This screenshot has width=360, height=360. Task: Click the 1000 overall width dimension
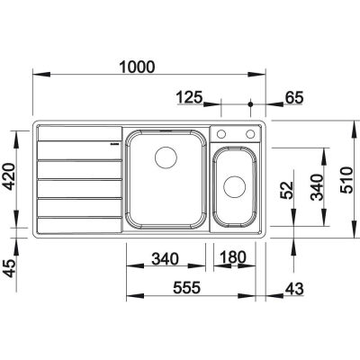coord(137,67)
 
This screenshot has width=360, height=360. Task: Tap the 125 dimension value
coord(190,97)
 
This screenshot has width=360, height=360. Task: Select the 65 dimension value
coord(294,97)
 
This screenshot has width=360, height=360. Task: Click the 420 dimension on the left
coord(8,176)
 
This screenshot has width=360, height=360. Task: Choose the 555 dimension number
coord(186,288)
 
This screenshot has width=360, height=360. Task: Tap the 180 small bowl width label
coord(233,257)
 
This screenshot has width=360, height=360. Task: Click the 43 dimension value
coord(294,289)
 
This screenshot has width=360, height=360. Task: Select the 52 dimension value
coord(286,190)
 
